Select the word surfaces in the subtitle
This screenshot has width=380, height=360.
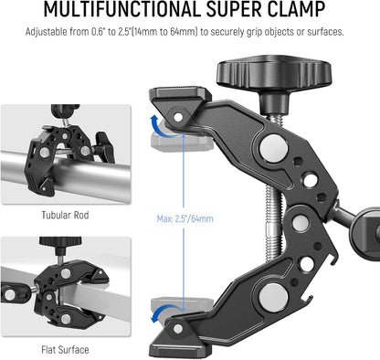click(x=320, y=32)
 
